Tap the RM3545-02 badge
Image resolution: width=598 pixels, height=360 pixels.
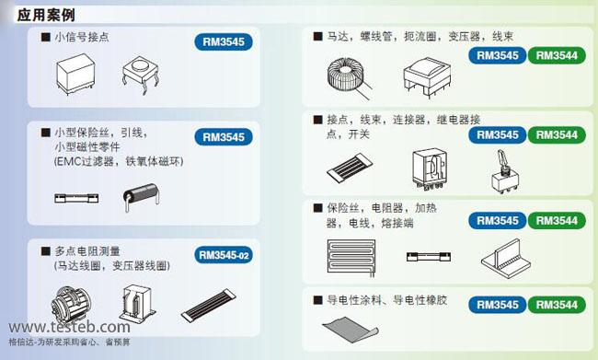tap(224, 255)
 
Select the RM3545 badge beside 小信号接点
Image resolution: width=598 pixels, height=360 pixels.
tap(224, 41)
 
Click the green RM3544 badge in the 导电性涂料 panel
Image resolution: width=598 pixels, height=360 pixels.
tap(556, 305)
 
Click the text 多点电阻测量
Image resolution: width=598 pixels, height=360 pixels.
tap(86, 251)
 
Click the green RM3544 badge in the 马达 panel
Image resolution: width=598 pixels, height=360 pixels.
tap(556, 56)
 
